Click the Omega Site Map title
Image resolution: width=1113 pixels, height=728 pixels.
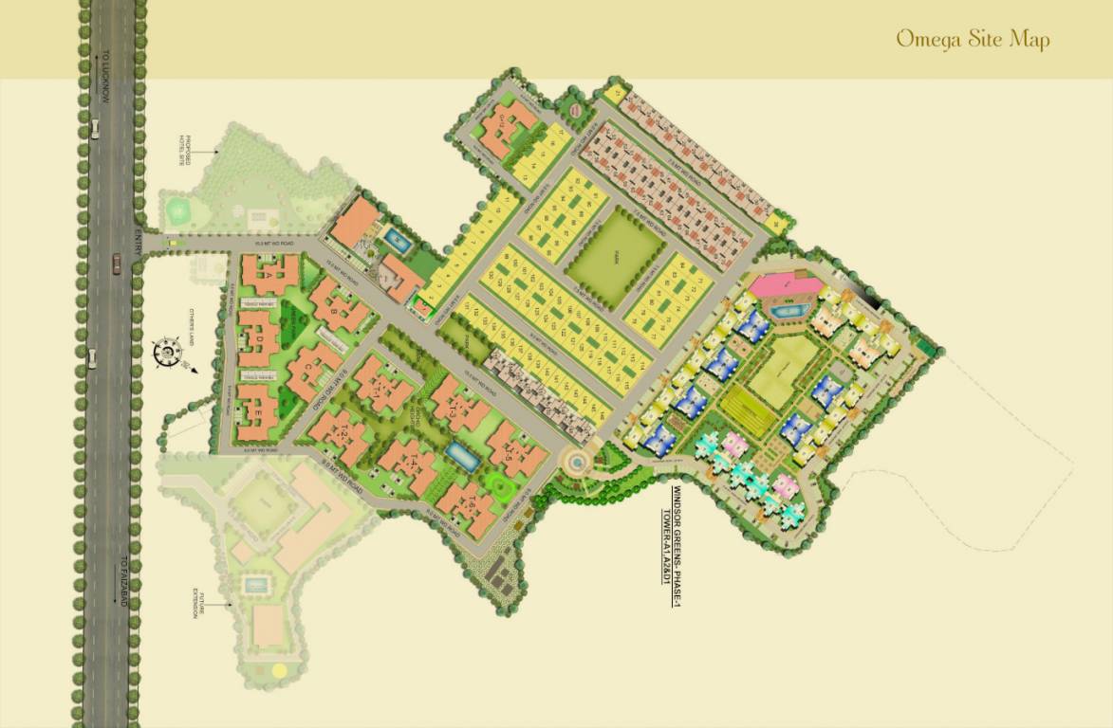click(973, 39)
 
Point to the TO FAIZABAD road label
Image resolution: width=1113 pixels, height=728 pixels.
click(123, 578)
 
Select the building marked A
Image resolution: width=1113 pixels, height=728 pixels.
click(269, 274)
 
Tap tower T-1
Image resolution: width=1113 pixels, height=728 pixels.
click(381, 384)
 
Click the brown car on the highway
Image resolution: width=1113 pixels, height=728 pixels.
click(117, 264)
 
